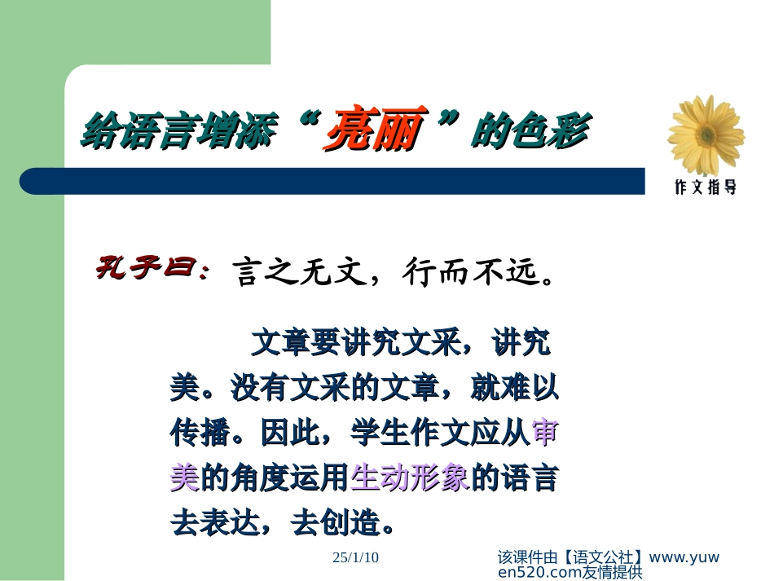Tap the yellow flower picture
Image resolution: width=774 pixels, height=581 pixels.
pyautogui.click(x=705, y=135)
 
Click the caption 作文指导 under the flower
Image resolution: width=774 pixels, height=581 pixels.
pyautogui.click(x=706, y=187)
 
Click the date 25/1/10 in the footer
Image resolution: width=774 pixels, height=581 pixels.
pyautogui.click(x=356, y=557)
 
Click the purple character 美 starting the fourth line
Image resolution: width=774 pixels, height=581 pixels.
pyautogui.click(x=185, y=478)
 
